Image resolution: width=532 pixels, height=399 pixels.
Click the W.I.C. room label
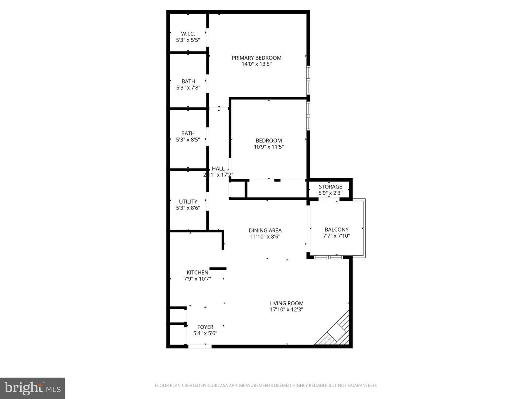188,34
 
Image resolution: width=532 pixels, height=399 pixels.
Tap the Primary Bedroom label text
256,58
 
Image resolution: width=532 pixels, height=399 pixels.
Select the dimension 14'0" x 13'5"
256,64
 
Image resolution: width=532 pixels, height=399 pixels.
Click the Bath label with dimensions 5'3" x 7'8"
188,81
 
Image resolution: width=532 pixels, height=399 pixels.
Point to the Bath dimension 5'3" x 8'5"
188,140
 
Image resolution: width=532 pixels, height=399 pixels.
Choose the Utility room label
188,201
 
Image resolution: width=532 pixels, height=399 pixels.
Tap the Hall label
218,169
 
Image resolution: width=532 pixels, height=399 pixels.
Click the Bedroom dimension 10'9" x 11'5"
269,147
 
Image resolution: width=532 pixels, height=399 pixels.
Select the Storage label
330,187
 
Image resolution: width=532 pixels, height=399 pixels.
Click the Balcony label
336,229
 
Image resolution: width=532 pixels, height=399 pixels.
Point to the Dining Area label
265,231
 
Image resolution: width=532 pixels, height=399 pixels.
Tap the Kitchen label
197,272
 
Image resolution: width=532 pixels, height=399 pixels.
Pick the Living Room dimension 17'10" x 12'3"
286,310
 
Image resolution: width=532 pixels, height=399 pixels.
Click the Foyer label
205,327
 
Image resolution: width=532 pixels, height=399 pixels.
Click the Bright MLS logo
33,388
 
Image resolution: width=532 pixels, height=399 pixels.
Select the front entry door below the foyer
199,346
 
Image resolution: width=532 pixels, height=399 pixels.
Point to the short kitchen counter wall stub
218,269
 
